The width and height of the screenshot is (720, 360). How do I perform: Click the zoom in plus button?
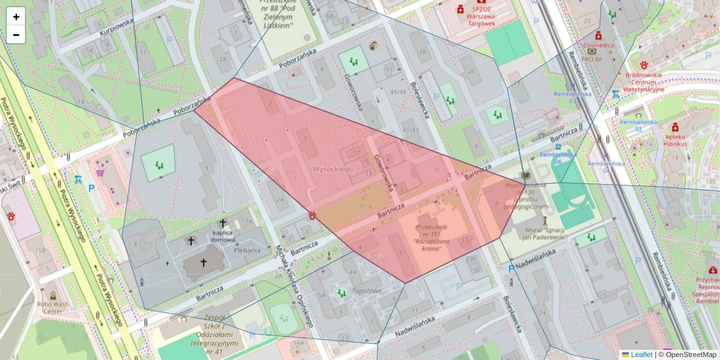coord(16,17)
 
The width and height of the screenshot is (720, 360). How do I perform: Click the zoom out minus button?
coord(16,35)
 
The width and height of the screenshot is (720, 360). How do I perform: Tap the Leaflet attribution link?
coord(641,355)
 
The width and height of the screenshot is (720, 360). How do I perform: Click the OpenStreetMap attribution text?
coord(690,355)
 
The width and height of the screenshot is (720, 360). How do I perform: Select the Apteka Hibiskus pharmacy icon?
coord(675,127)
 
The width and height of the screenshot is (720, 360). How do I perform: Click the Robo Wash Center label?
coord(53,308)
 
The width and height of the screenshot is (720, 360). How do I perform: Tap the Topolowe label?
coord(367,291)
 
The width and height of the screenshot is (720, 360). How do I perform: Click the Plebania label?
coord(247,250)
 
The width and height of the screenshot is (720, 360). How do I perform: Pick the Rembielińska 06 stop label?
coord(559,158)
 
